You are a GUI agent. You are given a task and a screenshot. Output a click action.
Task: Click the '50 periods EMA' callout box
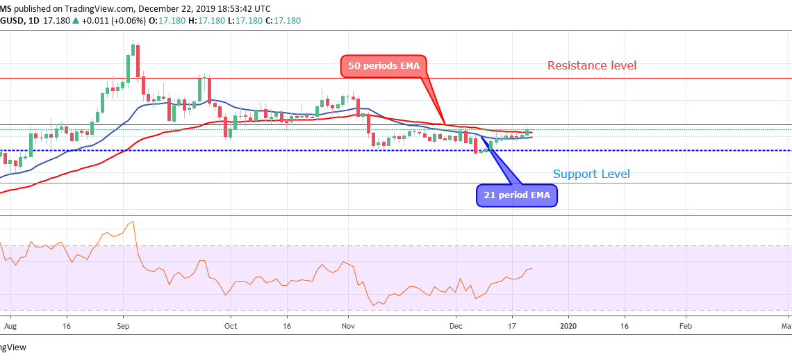[384, 67]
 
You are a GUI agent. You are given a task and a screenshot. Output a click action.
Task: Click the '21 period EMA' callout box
[517, 195]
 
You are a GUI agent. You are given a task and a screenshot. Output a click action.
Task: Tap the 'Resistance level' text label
[591, 66]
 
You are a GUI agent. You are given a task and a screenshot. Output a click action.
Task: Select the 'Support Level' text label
[591, 174]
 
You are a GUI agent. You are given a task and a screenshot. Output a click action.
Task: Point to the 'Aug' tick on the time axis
[9, 325]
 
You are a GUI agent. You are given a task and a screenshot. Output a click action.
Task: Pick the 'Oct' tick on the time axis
[231, 325]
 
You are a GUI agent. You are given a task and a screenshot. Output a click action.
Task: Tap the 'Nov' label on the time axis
[349, 325]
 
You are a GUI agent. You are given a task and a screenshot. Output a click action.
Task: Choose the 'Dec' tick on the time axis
[456, 325]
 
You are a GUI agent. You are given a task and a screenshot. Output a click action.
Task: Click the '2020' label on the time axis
[568, 325]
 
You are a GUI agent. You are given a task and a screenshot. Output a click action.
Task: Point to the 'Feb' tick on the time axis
[685, 325]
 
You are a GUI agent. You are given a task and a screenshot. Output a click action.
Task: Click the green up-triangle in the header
[75, 21]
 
